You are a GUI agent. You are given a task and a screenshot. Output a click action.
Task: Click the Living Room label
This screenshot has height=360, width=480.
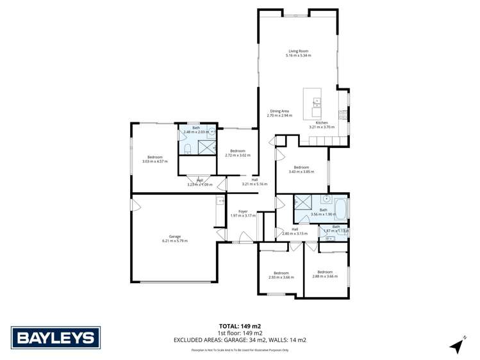[299, 51]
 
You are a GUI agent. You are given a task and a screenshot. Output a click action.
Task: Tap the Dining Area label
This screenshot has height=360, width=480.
[279, 111]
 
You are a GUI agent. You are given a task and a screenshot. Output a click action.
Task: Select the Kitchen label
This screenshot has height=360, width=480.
[322, 122]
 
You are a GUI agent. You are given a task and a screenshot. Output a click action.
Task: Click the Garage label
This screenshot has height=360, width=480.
[174, 236]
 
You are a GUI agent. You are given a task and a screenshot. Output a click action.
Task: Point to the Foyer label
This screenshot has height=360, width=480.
[243, 211]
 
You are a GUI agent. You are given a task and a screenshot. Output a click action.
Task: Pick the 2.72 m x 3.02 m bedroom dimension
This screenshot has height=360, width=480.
[238, 155]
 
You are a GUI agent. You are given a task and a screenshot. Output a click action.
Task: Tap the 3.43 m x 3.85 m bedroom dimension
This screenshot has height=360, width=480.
[301, 171]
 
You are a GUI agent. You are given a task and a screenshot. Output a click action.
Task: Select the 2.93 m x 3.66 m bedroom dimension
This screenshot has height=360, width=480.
[281, 277]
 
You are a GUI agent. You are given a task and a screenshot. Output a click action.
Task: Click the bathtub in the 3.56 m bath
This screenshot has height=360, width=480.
[339, 209]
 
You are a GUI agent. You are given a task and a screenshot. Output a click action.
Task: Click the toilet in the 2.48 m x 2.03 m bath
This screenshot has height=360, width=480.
[187, 149]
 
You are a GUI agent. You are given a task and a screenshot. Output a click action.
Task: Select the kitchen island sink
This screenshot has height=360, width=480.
[316, 101]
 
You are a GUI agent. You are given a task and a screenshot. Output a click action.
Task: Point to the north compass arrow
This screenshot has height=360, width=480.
[457, 345]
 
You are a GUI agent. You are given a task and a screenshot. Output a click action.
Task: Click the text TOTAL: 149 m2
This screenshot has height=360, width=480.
[240, 326]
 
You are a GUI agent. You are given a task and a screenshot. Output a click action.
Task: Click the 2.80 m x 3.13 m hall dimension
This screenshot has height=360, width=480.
[295, 234]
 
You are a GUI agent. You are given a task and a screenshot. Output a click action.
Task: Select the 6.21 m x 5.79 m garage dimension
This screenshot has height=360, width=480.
[174, 241]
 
